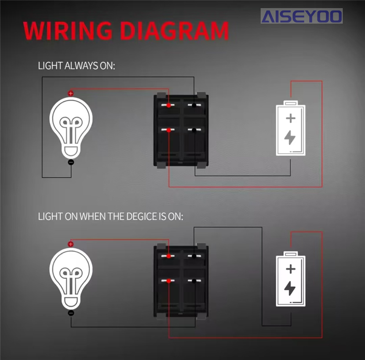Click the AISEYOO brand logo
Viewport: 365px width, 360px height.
pyautogui.click(x=301, y=17)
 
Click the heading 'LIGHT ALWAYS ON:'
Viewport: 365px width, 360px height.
pyautogui.click(x=77, y=66)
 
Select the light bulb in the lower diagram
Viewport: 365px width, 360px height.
pyautogui.click(x=71, y=278)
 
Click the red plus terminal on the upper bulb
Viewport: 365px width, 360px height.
pyautogui.click(x=70, y=94)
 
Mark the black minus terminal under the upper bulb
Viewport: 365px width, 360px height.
pyautogui.click(x=71, y=163)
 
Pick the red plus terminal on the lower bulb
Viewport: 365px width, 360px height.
pyautogui.click(x=70, y=244)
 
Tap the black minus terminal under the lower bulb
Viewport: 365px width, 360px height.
pyautogui.click(x=71, y=313)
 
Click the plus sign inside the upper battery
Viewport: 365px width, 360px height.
pyautogui.click(x=290, y=118)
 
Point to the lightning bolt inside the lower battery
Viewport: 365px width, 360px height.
pyautogui.click(x=290, y=289)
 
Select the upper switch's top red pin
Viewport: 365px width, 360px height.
pyautogui.click(x=169, y=105)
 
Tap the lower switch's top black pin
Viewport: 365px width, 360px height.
pyautogui.click(x=194, y=256)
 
